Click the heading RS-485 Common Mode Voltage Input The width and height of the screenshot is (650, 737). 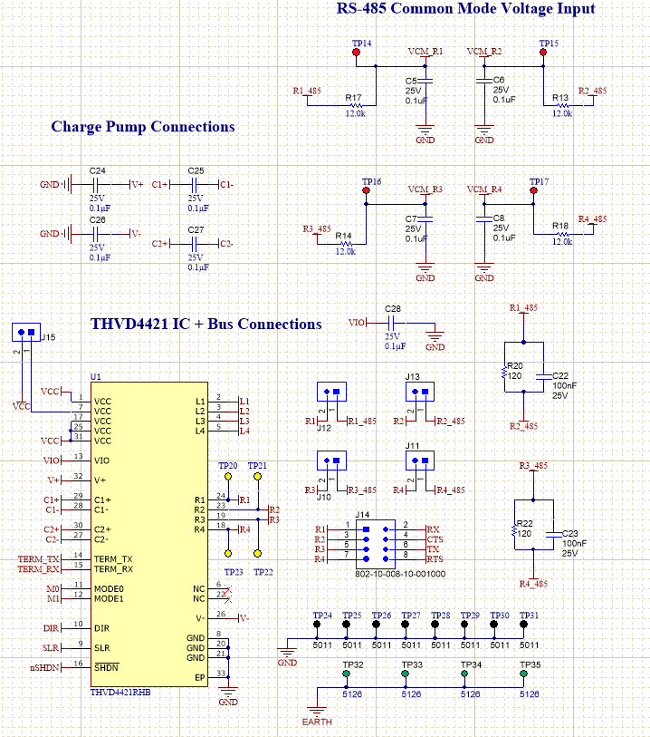[x=466, y=9]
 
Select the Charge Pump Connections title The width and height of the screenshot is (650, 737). [x=143, y=127]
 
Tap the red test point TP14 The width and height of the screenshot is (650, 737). [x=356, y=53]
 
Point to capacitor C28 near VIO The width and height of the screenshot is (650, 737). [x=393, y=322]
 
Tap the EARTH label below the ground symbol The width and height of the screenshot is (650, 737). [x=317, y=722]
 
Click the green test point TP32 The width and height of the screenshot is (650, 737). [x=346, y=674]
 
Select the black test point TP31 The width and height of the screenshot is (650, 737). [x=523, y=625]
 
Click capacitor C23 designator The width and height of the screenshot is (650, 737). [x=569, y=533]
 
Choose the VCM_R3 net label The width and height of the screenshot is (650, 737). [x=425, y=189]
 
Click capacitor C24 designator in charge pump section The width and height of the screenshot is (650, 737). [x=98, y=170]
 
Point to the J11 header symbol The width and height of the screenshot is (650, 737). [x=417, y=461]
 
